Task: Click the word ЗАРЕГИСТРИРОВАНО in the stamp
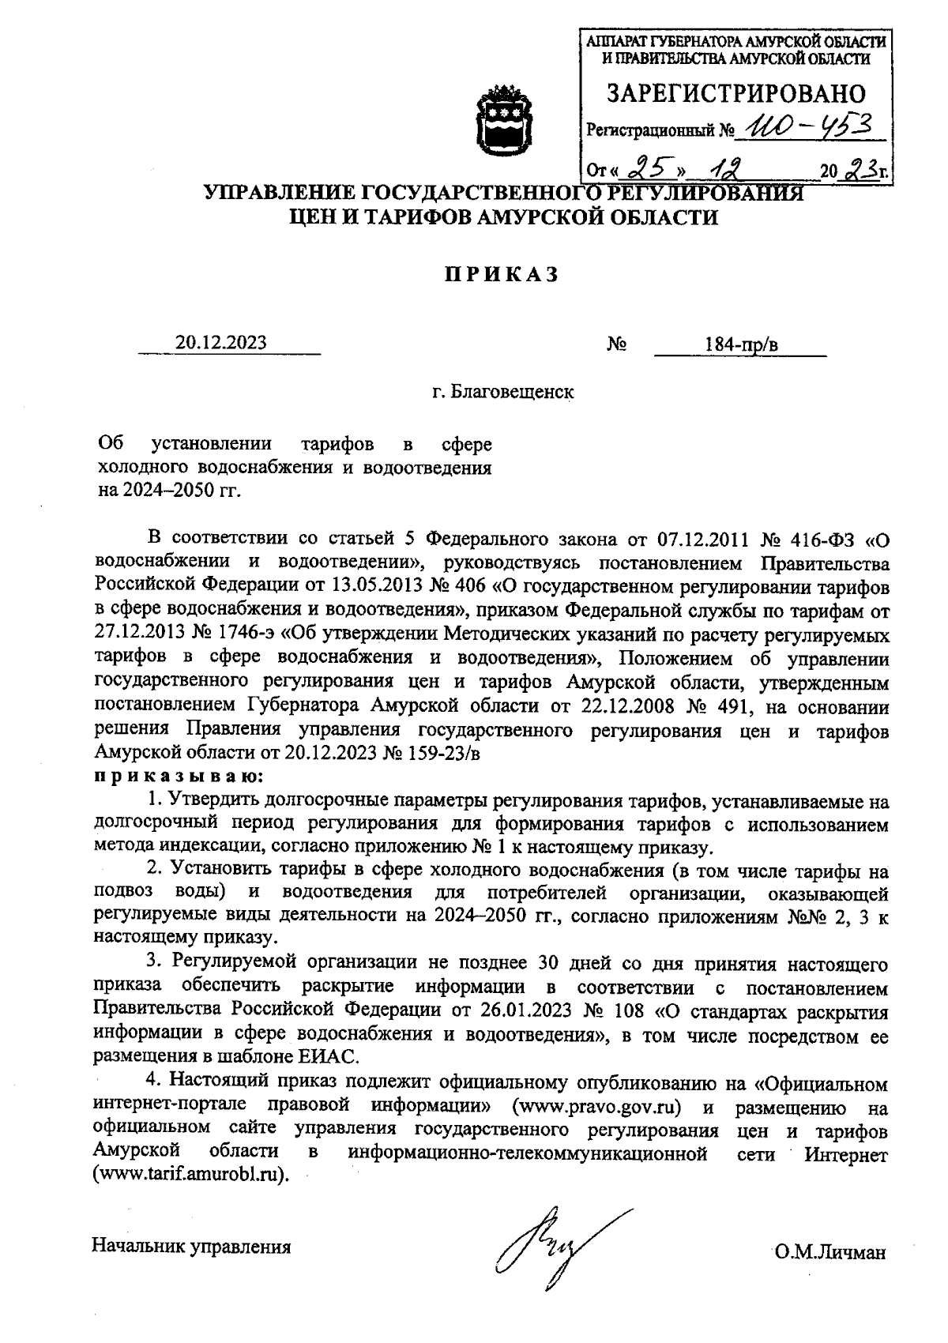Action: click(x=735, y=94)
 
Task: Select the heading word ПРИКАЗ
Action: click(x=500, y=274)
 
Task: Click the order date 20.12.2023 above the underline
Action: click(x=221, y=343)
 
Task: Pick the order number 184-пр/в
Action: click(x=741, y=344)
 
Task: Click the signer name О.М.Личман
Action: click(x=830, y=1252)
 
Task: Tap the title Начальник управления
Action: click(x=192, y=1247)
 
